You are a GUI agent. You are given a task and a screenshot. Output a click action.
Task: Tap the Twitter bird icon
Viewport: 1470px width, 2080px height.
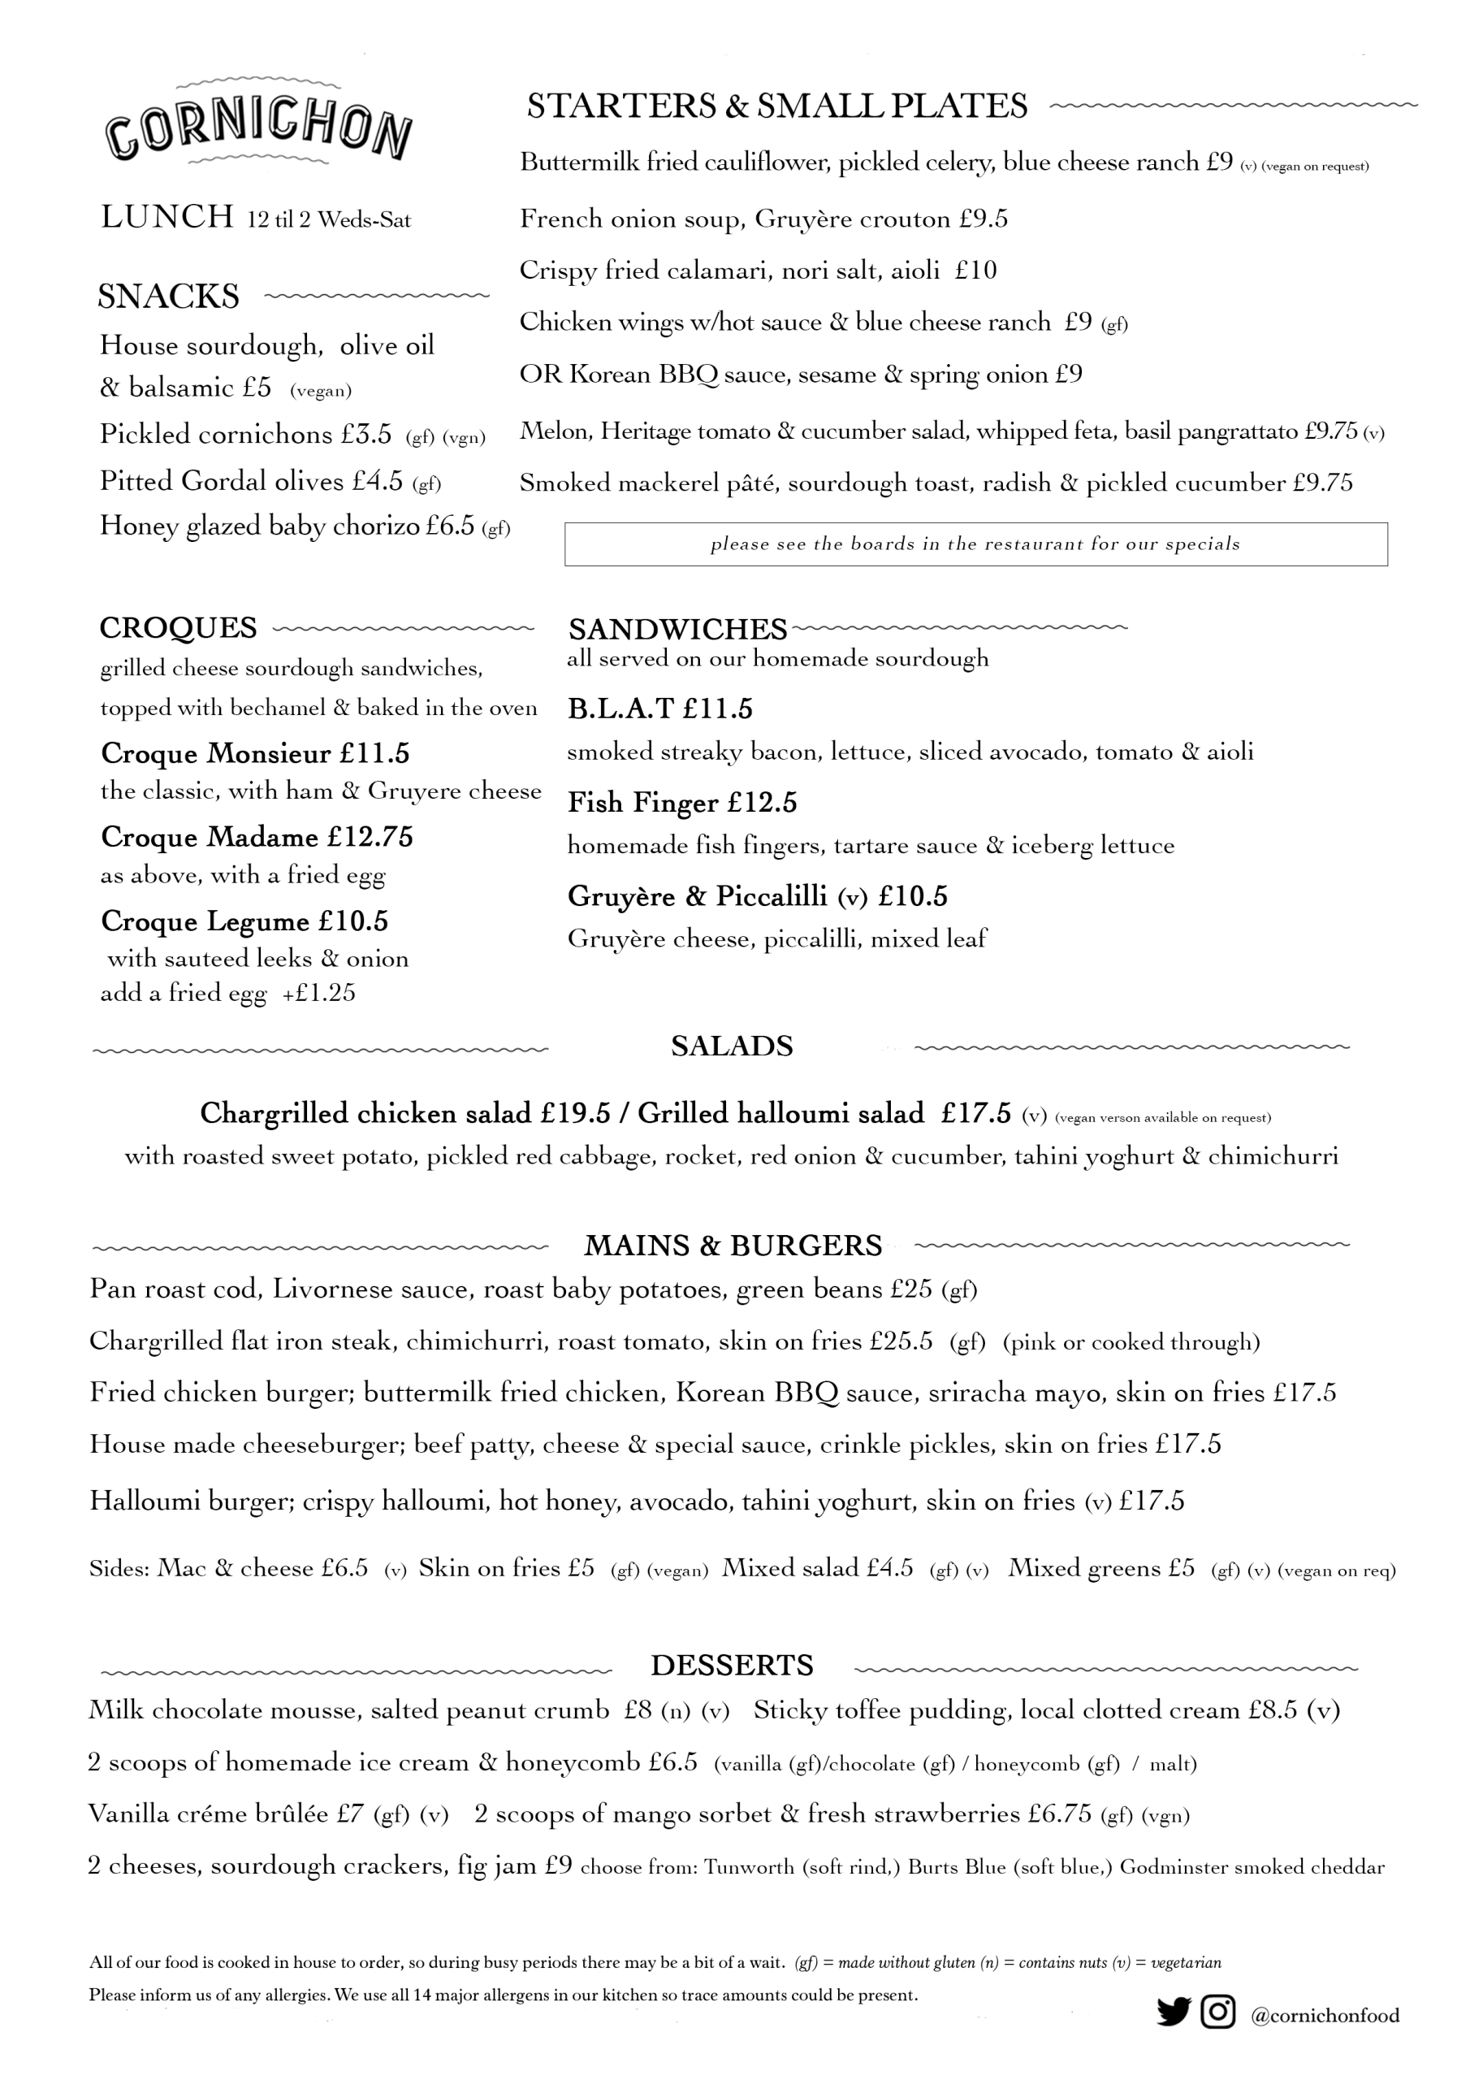coord(1173,2012)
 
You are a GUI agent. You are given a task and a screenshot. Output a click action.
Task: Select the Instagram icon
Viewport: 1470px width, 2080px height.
coord(1218,2011)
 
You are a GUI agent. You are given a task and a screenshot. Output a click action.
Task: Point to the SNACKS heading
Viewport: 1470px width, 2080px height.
coord(168,297)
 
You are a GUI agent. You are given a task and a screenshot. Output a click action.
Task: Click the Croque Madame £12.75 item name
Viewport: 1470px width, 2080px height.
coord(257,836)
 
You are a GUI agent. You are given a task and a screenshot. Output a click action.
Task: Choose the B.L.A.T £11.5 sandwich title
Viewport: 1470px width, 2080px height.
coord(659,708)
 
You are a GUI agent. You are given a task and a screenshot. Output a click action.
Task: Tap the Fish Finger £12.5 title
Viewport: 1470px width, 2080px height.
coord(682,803)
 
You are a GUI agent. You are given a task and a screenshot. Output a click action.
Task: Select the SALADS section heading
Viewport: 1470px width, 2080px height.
coord(732,1046)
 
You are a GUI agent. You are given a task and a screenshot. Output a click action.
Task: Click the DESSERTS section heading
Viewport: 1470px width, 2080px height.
coord(732,1665)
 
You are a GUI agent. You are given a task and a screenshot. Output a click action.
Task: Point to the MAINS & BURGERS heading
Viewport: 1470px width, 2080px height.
coord(733,1246)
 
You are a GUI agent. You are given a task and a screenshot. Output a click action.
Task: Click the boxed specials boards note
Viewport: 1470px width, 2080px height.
coord(975,544)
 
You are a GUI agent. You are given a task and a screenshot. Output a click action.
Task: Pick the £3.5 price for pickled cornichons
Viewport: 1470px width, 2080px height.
coord(366,434)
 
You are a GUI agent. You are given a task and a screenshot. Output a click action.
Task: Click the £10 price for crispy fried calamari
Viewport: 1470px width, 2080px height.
coord(975,270)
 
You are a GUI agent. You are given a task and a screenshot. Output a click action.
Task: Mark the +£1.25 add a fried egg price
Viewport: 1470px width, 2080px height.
coord(319,993)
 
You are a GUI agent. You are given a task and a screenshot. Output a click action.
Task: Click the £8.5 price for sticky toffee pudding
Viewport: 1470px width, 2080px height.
coord(1273,1710)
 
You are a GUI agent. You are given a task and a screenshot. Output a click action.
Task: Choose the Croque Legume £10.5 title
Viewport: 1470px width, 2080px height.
coord(244,921)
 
